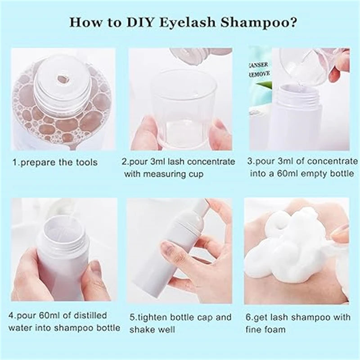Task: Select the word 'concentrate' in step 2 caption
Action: coord(212,161)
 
